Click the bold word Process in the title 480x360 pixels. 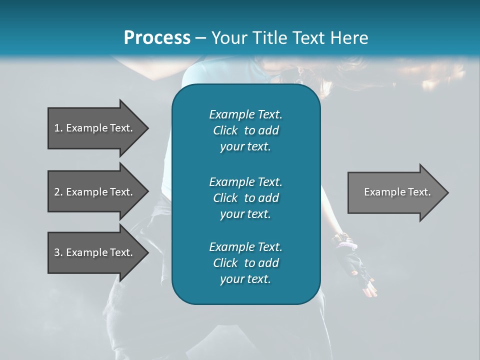pos(157,38)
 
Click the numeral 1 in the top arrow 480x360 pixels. pos(56,128)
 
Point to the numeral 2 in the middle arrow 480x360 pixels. pos(56,192)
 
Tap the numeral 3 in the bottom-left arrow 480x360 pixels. pos(56,252)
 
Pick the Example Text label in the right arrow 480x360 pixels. pos(397,192)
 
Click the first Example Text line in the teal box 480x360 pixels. pos(245,114)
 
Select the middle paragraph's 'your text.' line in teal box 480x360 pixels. pos(245,214)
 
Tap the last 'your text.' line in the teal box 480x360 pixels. pos(245,279)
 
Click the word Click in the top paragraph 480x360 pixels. pos(225,130)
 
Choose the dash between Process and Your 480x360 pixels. pos(201,38)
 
